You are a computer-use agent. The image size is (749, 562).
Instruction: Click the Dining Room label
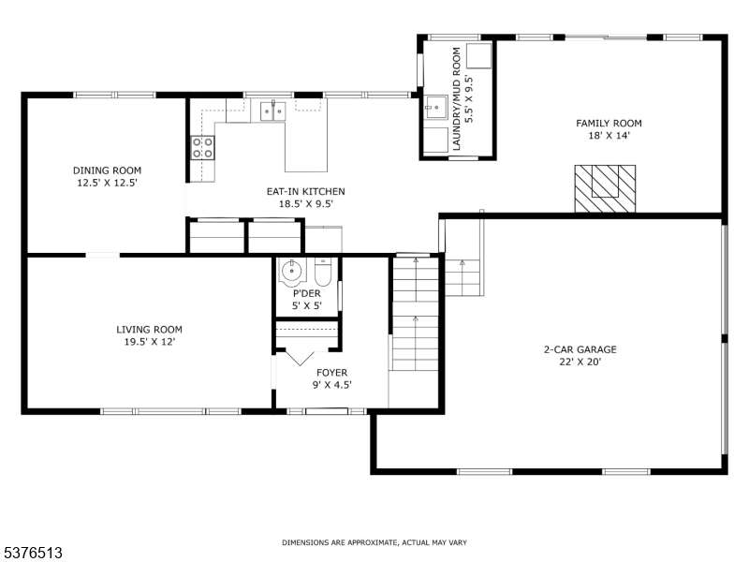[x=107, y=170]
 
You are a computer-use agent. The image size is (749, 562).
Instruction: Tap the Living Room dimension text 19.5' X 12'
[x=150, y=342]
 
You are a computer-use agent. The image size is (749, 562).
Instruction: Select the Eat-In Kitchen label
[x=306, y=191]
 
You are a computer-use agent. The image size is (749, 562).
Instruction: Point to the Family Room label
[x=609, y=124]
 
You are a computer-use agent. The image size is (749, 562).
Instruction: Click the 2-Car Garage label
[x=580, y=349]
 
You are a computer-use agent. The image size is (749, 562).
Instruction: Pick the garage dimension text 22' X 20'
[x=580, y=362]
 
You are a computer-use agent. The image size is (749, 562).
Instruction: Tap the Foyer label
[x=332, y=372]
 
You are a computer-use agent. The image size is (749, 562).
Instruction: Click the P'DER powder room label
[x=307, y=293]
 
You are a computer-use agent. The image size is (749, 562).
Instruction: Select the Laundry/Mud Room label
[x=457, y=99]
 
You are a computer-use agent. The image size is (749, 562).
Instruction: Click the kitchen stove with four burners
[x=202, y=147]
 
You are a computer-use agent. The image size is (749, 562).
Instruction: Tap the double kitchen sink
[x=272, y=111]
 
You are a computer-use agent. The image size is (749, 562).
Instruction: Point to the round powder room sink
[x=291, y=272]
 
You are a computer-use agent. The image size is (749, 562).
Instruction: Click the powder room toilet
[x=323, y=272]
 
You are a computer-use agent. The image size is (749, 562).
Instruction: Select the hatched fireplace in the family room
[x=605, y=189]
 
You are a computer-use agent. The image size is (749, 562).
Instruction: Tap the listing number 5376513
[x=32, y=553]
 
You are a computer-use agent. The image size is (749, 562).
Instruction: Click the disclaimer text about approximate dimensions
[x=374, y=542]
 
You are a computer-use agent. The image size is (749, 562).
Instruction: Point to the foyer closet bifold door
[x=300, y=358]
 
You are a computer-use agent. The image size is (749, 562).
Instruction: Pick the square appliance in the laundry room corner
[x=478, y=55]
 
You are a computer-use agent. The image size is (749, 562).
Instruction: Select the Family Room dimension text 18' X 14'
[x=609, y=136]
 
